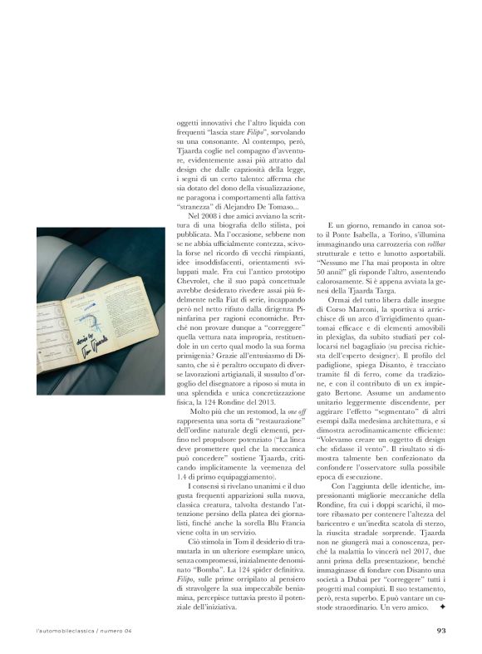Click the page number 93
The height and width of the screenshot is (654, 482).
pos(442,629)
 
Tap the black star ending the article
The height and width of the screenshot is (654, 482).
pos(442,608)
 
